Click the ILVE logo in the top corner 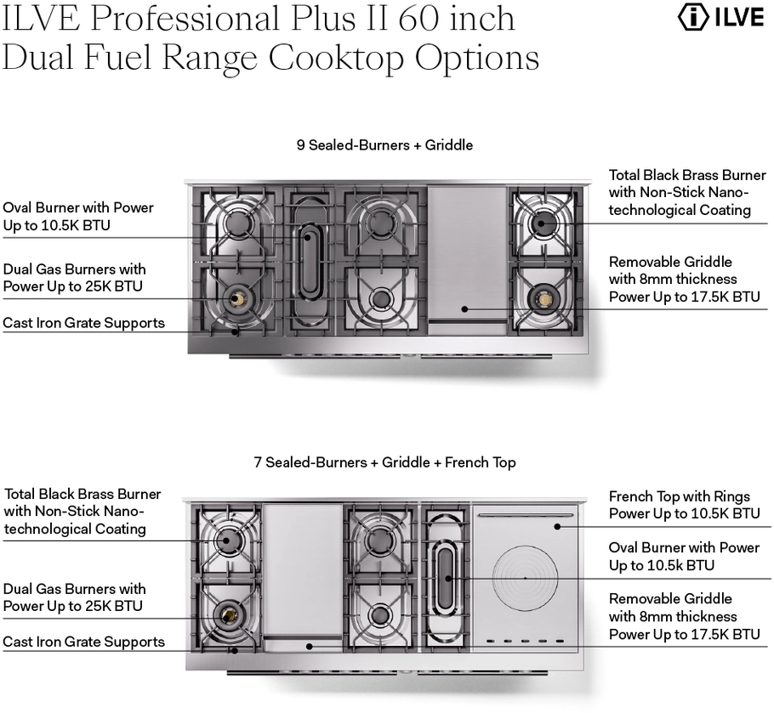pos(720,18)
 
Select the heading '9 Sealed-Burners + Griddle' pos(384,145)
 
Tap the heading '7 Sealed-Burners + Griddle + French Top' pos(384,463)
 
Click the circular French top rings pos(525,578)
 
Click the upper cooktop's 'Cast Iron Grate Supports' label pos(83,323)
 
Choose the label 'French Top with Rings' pos(679,496)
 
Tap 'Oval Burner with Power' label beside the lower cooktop pos(684,548)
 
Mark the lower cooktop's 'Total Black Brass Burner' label pos(83,494)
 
